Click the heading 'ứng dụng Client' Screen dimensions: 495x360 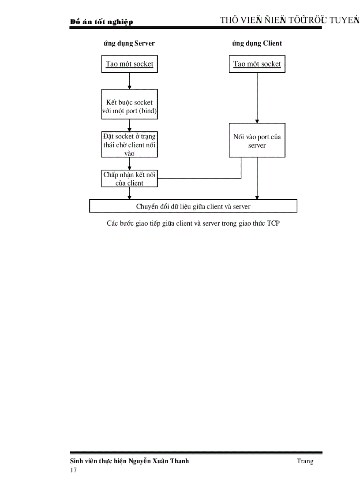pyautogui.click(x=257, y=44)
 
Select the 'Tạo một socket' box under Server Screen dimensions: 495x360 pyautogui.click(x=129, y=64)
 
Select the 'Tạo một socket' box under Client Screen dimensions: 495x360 pyautogui.click(x=257, y=64)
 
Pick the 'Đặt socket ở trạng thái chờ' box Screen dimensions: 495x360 pyautogui.click(x=129, y=145)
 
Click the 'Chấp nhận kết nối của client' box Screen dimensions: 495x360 pyautogui.click(x=129, y=179)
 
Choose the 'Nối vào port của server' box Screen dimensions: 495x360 pyautogui.click(x=257, y=140)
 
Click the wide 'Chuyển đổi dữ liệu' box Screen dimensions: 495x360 pyautogui.click(x=193, y=206)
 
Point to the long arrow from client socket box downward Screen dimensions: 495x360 pyautogui.click(x=257, y=97)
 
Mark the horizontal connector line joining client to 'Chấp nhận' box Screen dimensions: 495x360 pyautogui.click(x=199, y=179)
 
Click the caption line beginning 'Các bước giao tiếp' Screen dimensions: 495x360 pyautogui.click(x=193, y=223)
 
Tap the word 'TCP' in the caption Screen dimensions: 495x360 pyautogui.click(x=273, y=223)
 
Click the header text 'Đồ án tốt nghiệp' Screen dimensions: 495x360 pyautogui.click(x=101, y=22)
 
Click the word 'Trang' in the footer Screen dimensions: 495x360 pyautogui.click(x=305, y=461)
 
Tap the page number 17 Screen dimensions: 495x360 pyautogui.click(x=74, y=470)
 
